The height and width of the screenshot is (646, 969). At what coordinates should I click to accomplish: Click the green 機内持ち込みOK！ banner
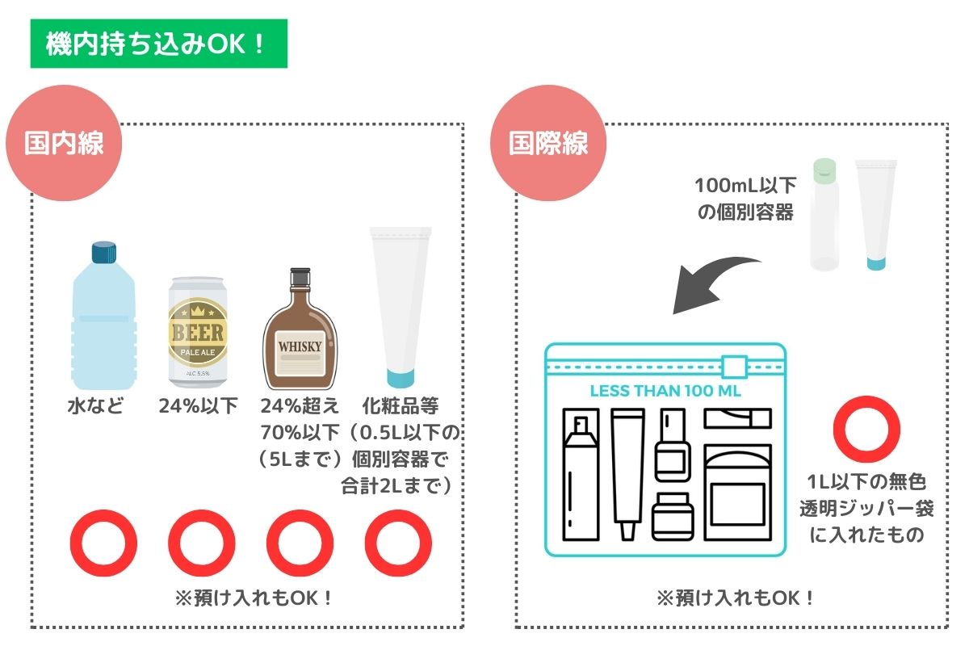pos(159,44)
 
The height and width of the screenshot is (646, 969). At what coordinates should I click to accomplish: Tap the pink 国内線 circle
pos(64,143)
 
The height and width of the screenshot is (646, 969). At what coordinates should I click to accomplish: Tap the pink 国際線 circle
pos(548,143)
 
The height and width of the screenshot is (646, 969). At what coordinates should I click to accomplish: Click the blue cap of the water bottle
pos(104,253)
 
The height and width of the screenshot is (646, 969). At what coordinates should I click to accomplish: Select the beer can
pos(198,332)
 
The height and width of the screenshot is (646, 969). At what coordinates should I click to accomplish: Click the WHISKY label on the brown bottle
pos(300,346)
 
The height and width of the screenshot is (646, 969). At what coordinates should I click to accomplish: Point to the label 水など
pos(95,406)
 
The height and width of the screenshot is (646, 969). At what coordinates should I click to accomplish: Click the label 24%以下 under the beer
pos(198,406)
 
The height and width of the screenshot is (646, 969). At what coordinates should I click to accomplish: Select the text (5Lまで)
pos(300,459)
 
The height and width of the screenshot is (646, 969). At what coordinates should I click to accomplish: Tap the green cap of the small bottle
pos(824,170)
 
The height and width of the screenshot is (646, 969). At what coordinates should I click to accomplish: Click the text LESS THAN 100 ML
pos(665,391)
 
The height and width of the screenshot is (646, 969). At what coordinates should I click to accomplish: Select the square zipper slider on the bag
pos(734,367)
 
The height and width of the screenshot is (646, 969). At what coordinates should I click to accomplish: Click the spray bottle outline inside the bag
pos(581,474)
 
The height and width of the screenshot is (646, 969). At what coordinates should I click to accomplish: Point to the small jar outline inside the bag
pos(673,517)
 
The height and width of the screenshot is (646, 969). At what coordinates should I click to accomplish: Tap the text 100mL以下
pos(745,186)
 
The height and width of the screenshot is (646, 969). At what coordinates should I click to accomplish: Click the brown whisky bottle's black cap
pos(300,277)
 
